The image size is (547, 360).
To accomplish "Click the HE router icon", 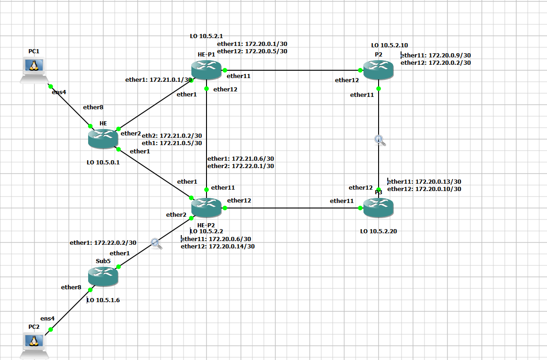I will pyautogui.click(x=103, y=138).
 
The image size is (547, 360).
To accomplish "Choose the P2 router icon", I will pyautogui.click(x=379, y=70).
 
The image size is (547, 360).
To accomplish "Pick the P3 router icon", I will pyautogui.click(x=379, y=207).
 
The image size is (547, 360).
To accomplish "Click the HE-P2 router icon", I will pyautogui.click(x=207, y=207).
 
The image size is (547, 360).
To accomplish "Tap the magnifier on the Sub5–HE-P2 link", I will pyautogui.click(x=156, y=243).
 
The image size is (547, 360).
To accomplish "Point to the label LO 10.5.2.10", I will pyautogui.click(x=390, y=45).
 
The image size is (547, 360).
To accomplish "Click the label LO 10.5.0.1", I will pyautogui.click(x=103, y=162).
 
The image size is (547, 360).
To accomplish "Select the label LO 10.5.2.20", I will pyautogui.click(x=379, y=231).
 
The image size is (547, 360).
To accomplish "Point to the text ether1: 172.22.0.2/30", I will pyautogui.click(x=103, y=242).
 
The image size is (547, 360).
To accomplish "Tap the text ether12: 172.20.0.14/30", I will pyautogui.click(x=218, y=246).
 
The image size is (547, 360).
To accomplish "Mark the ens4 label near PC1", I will pyautogui.click(x=59, y=92).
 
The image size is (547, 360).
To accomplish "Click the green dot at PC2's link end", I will pyautogui.click(x=51, y=329).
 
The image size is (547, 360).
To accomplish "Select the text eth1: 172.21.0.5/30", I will pyautogui.click(x=172, y=143).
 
